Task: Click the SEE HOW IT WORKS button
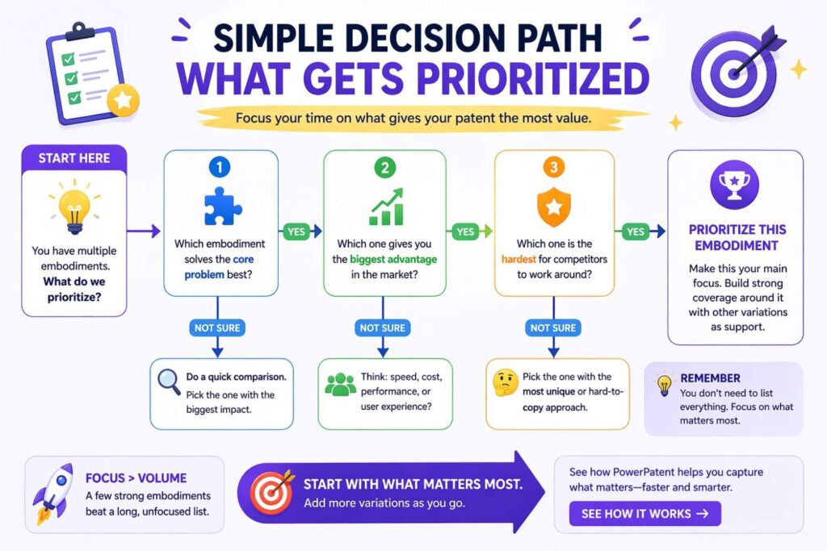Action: pos(644,513)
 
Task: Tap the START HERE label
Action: pos(73,158)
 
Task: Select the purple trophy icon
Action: pos(734,184)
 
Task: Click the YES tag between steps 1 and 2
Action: pos(297,232)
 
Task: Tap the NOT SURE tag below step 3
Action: pos(552,328)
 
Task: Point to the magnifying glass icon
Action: pos(168,383)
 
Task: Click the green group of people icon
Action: pos(340,385)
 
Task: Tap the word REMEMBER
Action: pos(710,378)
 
